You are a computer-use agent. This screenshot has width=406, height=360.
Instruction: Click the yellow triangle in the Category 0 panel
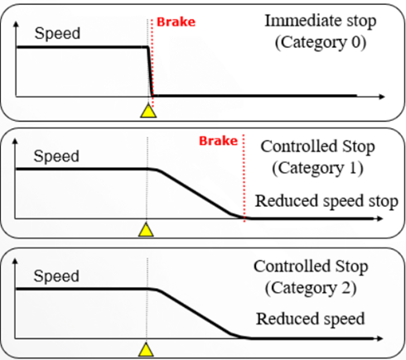pos(148,111)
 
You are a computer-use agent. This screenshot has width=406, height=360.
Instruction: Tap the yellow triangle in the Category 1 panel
pos(146,230)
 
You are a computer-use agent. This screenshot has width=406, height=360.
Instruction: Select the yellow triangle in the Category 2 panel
pos(146,350)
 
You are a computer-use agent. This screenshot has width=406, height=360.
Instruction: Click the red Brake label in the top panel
pos(176,22)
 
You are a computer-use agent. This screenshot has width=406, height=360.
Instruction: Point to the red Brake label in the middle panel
pos(218,141)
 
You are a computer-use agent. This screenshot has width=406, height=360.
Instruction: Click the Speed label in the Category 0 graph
pos(57,33)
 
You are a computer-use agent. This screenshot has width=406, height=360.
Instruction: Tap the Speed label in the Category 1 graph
pos(56,156)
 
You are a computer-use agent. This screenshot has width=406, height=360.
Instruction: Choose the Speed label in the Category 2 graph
pos(56,276)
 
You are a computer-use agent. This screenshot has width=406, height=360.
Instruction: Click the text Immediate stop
pos(321,21)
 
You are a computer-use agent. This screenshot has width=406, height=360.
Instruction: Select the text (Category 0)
pos(321,43)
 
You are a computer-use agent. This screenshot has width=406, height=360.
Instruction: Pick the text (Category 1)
pos(317,168)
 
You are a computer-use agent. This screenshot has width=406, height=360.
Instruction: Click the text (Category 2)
pos(311,288)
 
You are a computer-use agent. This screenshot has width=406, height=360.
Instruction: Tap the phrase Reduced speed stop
pos(326,201)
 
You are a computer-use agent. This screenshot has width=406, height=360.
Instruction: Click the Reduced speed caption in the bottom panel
pos(311,319)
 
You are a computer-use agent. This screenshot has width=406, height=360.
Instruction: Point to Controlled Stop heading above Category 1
pos(317,146)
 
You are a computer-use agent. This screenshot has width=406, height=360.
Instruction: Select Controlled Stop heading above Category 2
pos(311,266)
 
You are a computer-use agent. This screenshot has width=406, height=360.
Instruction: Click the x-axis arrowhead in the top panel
pos(382,97)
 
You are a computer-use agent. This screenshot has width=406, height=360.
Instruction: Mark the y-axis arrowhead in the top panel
pos(16,24)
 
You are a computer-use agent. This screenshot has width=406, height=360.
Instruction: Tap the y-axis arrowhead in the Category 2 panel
pos(15,262)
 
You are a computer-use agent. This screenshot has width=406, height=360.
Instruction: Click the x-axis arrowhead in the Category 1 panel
pos(380,218)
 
